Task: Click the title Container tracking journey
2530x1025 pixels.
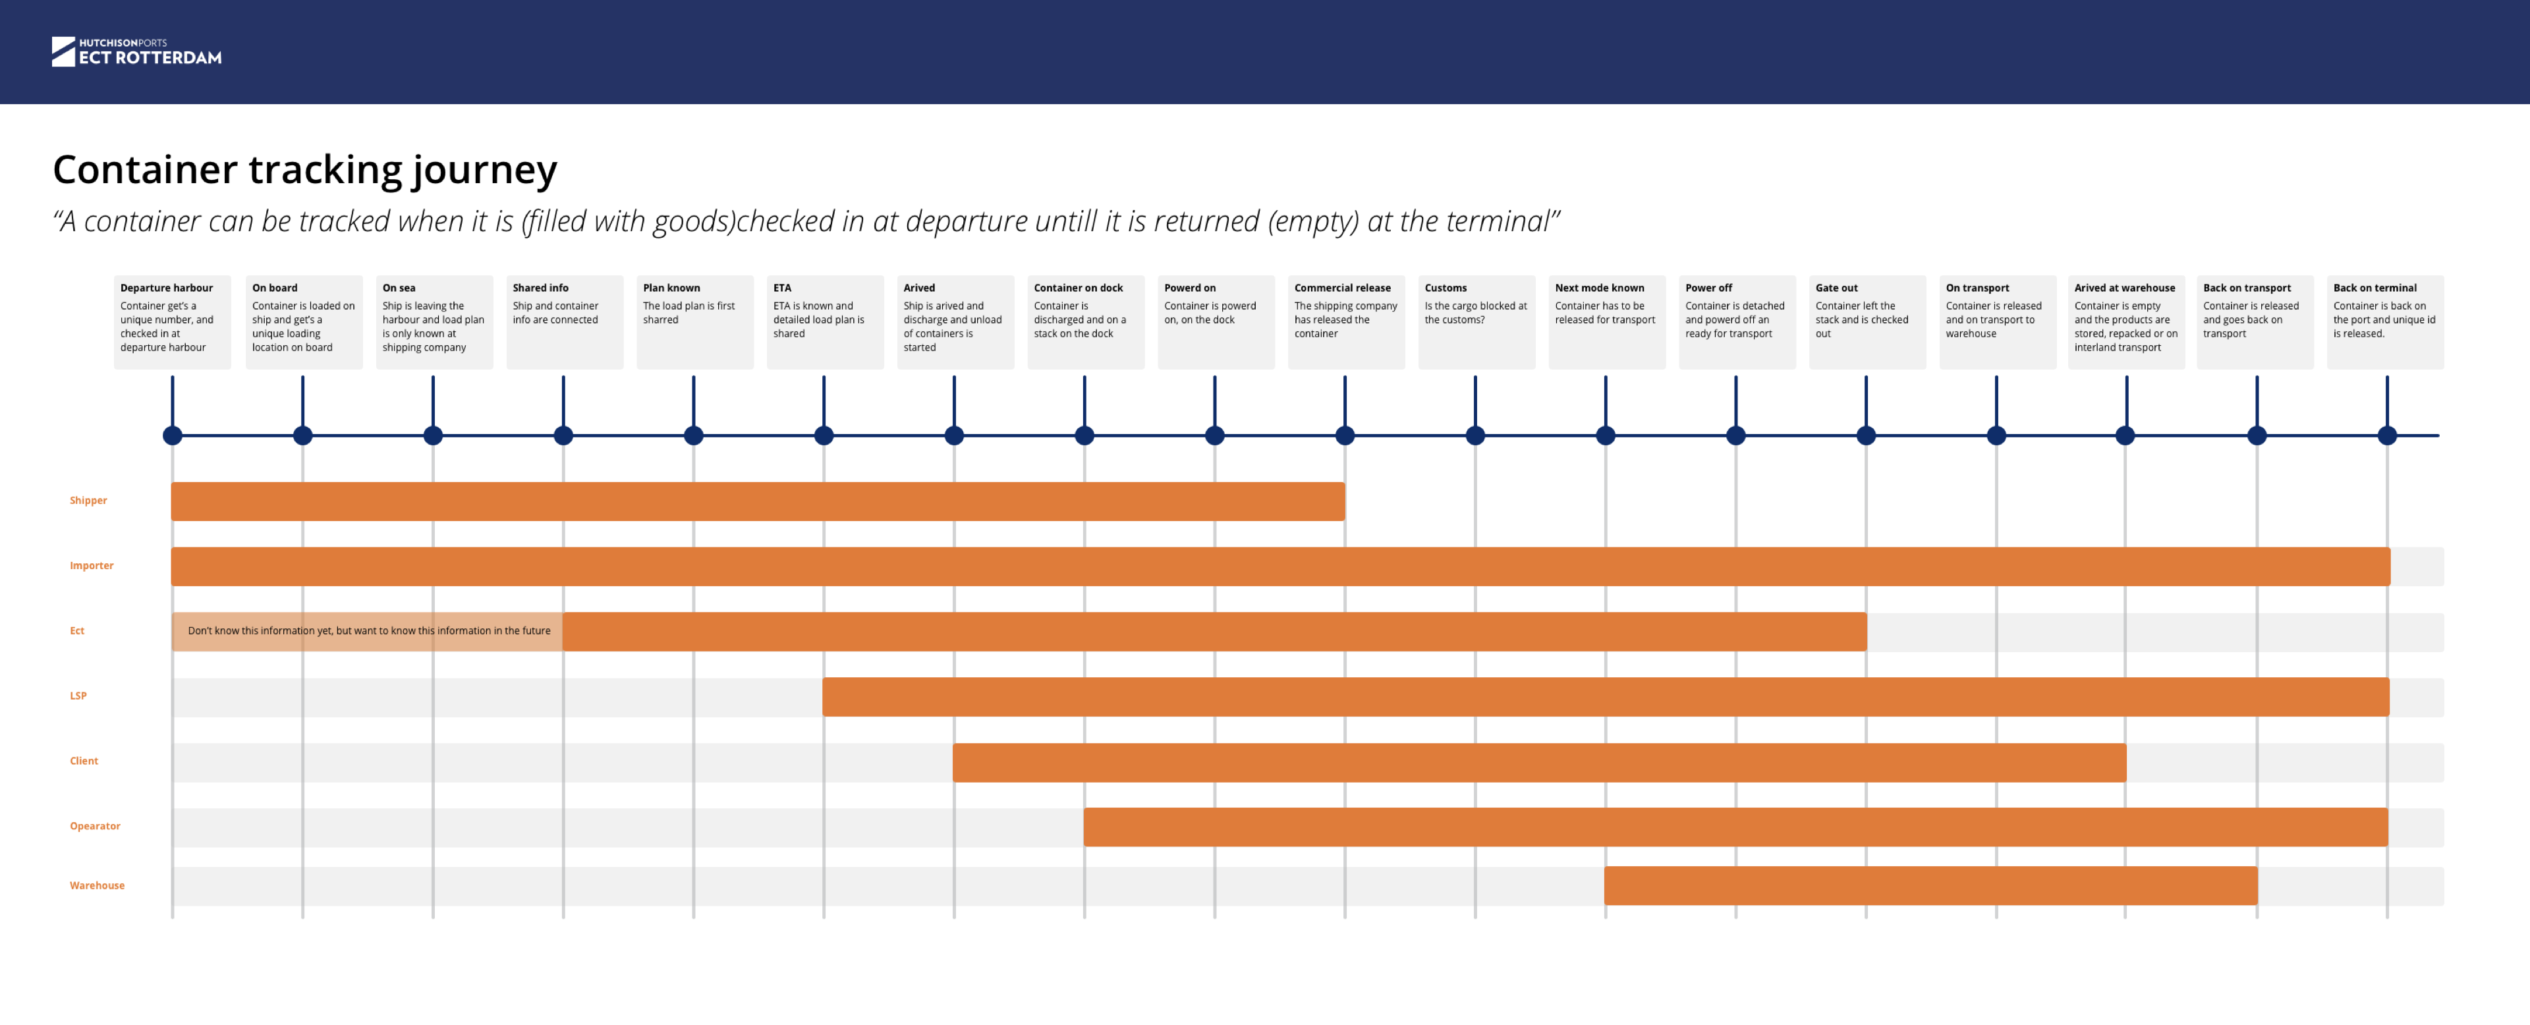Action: coord(304,170)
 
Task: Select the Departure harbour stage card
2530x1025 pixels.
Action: coord(172,321)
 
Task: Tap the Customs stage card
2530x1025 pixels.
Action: coord(1475,321)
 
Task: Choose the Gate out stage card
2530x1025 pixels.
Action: coord(1866,321)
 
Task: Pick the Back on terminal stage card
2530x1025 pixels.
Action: coord(2384,321)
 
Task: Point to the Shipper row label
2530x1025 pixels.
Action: coord(88,501)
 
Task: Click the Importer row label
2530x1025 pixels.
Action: coord(92,565)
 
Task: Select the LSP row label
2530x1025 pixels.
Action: coord(78,696)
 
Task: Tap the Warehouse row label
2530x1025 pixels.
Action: coord(98,885)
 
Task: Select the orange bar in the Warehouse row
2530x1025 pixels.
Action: coord(1930,885)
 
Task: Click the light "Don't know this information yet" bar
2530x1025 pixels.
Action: coord(368,631)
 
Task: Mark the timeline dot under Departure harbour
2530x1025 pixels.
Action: coord(173,436)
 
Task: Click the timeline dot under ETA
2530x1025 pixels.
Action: coord(824,436)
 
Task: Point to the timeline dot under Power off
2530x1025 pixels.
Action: coord(1735,436)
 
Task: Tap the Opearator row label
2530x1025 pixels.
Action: coord(96,827)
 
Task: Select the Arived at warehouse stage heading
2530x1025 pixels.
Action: coord(2123,288)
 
